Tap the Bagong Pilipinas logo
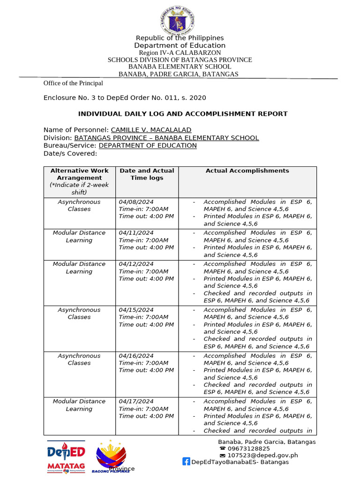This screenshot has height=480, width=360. pyautogui.click(x=111, y=456)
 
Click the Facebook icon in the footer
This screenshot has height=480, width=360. pyautogui.click(x=186, y=462)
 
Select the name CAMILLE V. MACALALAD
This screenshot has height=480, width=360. pyautogui.click(x=151, y=130)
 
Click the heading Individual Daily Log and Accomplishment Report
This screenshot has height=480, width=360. pyautogui.click(x=182, y=114)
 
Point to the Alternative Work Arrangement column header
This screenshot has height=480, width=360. pyautogui.click(x=79, y=178)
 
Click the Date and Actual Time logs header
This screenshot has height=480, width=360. pyautogui.click(x=147, y=174)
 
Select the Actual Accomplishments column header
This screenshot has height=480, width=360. pyautogui.click(x=247, y=171)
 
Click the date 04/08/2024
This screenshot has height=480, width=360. pyautogui.click(x=136, y=202)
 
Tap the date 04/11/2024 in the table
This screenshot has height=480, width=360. pyautogui.click(x=136, y=233)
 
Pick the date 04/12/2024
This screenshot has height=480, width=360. pyautogui.click(x=136, y=264)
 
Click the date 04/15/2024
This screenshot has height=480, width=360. pyautogui.click(x=136, y=310)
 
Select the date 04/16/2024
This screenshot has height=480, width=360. pyautogui.click(x=136, y=356)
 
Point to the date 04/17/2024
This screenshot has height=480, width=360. pyautogui.click(x=136, y=401)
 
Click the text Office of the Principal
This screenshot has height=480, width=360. pyautogui.click(x=73, y=83)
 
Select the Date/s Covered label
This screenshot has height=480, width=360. pyautogui.click(x=70, y=153)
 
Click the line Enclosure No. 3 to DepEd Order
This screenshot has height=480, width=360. pyautogui.click(x=125, y=98)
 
